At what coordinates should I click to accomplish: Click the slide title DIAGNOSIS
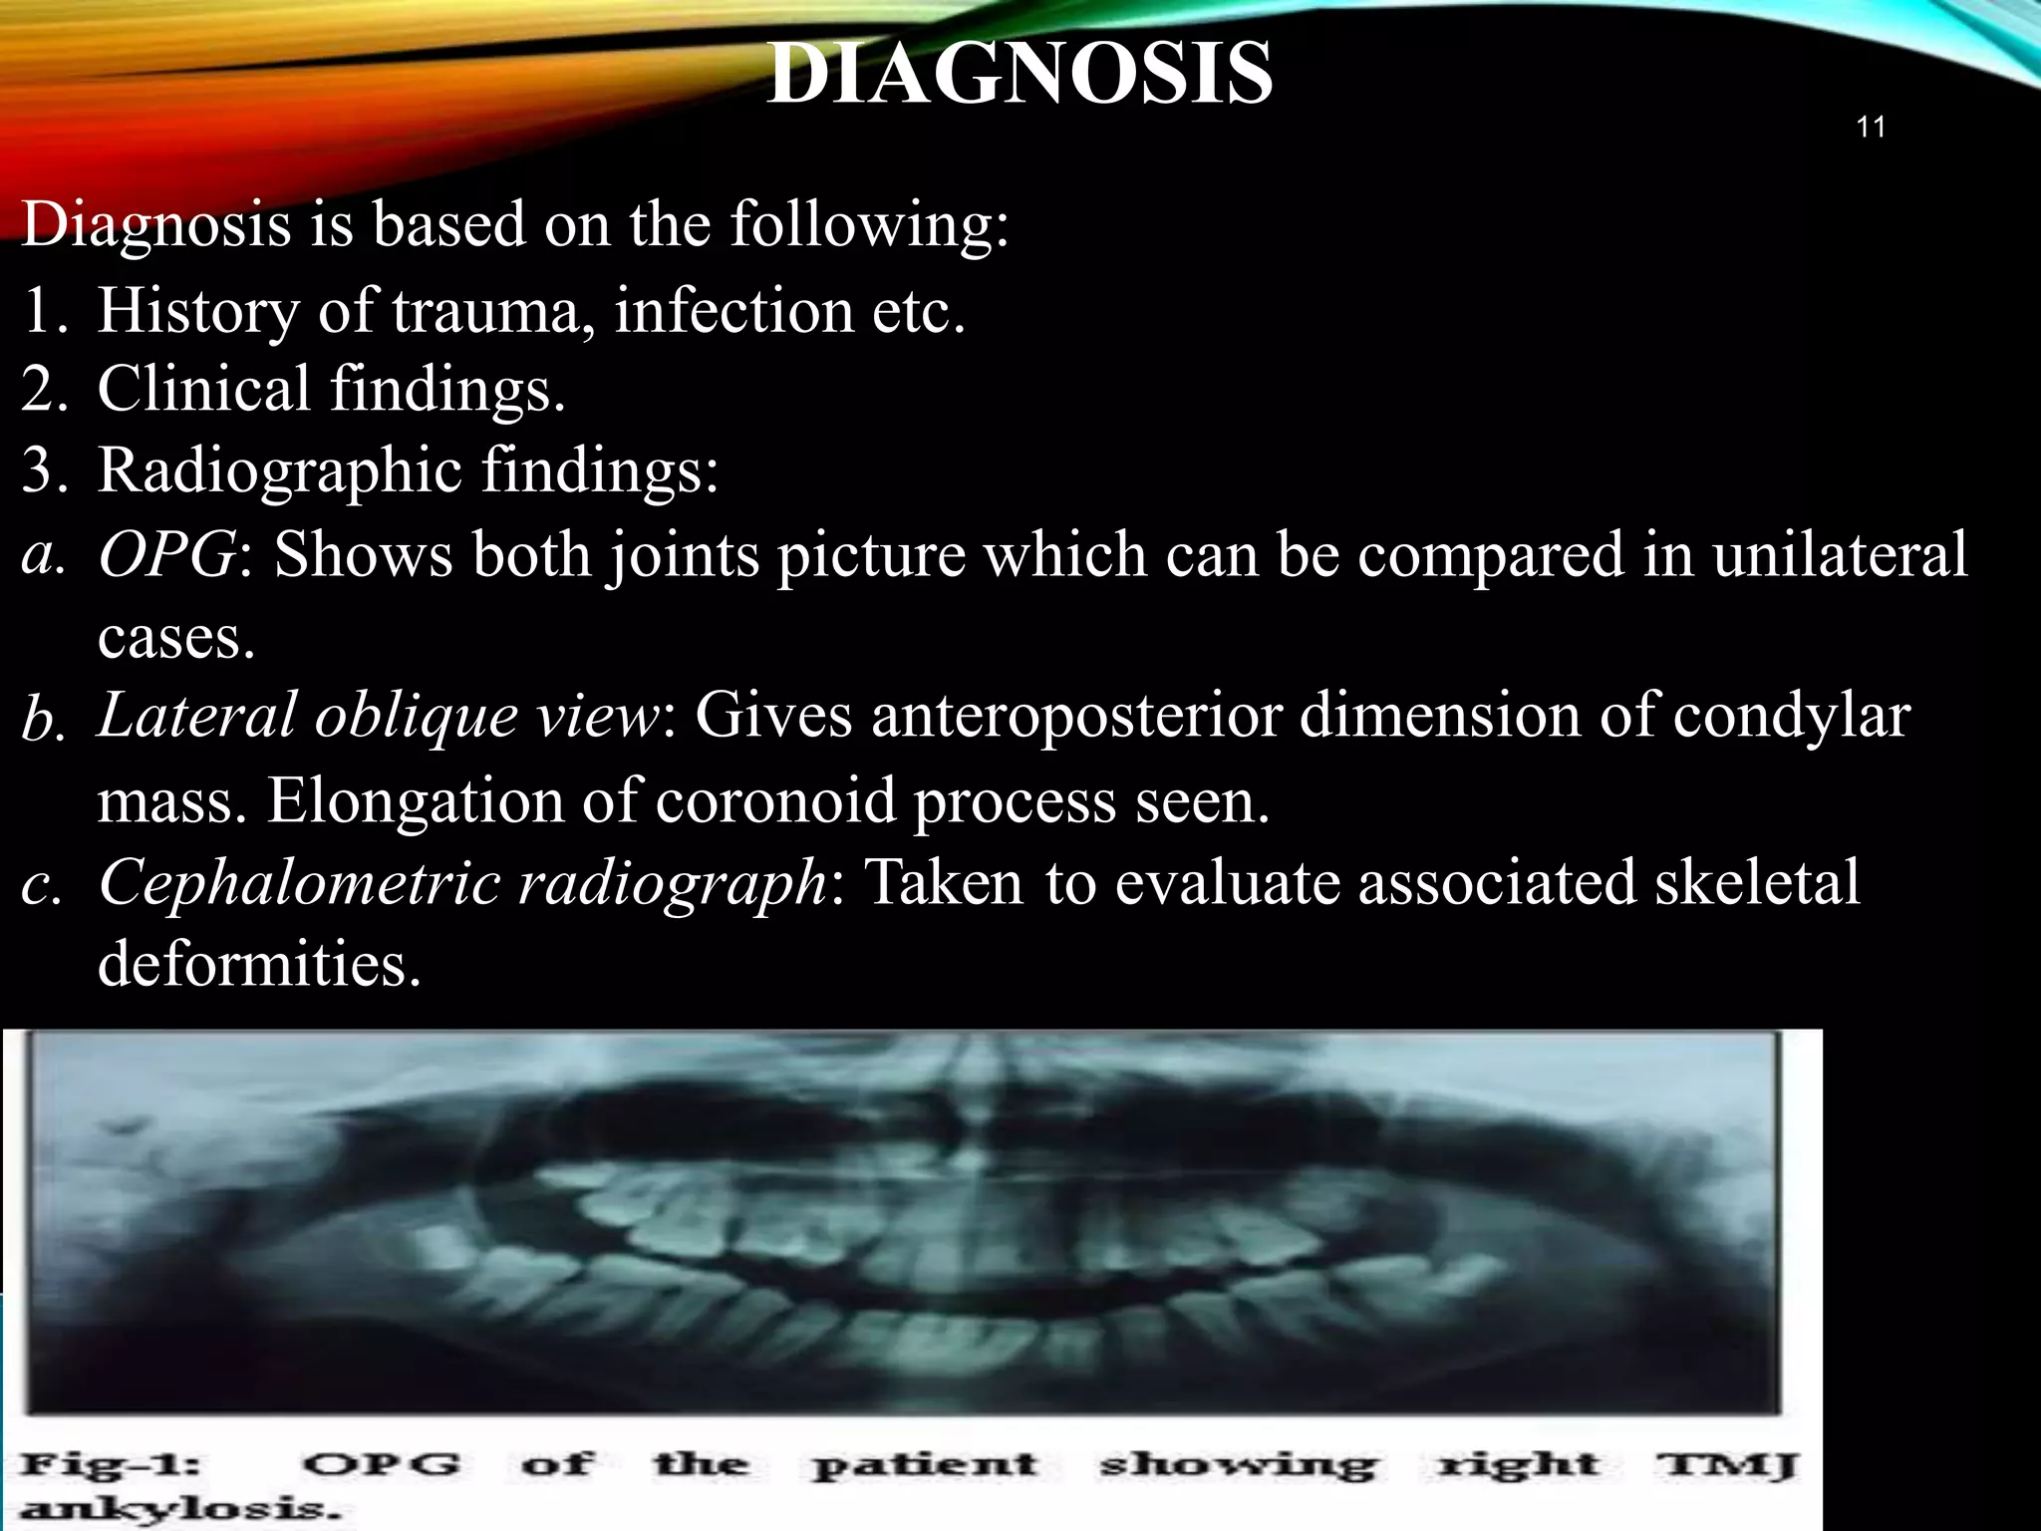(1020, 74)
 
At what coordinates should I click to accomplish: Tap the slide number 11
(1871, 128)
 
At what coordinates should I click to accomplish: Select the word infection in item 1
(732, 311)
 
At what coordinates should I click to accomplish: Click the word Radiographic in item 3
(280, 470)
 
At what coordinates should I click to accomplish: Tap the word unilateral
(1840, 554)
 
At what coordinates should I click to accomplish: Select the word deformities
(259, 964)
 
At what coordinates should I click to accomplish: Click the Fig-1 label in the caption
(111, 1465)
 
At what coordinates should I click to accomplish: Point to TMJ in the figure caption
(1727, 1465)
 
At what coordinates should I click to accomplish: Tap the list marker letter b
(44, 720)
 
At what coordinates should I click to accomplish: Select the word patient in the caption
(924, 1465)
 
